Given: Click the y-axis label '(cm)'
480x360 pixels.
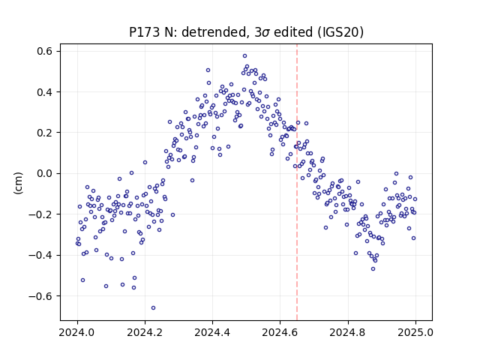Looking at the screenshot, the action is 18,183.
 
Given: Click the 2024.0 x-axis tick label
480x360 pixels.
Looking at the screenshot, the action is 77,332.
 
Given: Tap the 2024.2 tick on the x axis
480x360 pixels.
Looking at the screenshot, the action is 145,332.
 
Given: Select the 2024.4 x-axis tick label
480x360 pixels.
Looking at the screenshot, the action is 212,332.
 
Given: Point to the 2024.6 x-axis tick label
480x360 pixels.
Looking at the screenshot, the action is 280,332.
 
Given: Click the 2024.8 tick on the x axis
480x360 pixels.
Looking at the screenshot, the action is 348,332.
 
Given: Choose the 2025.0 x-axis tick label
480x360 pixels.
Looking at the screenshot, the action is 415,332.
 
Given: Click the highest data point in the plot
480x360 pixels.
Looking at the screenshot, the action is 245,56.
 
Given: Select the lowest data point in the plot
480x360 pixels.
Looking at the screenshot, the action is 153,308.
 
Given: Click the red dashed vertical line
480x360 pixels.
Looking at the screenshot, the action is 297,182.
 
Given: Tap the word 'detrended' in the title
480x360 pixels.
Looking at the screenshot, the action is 213,31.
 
